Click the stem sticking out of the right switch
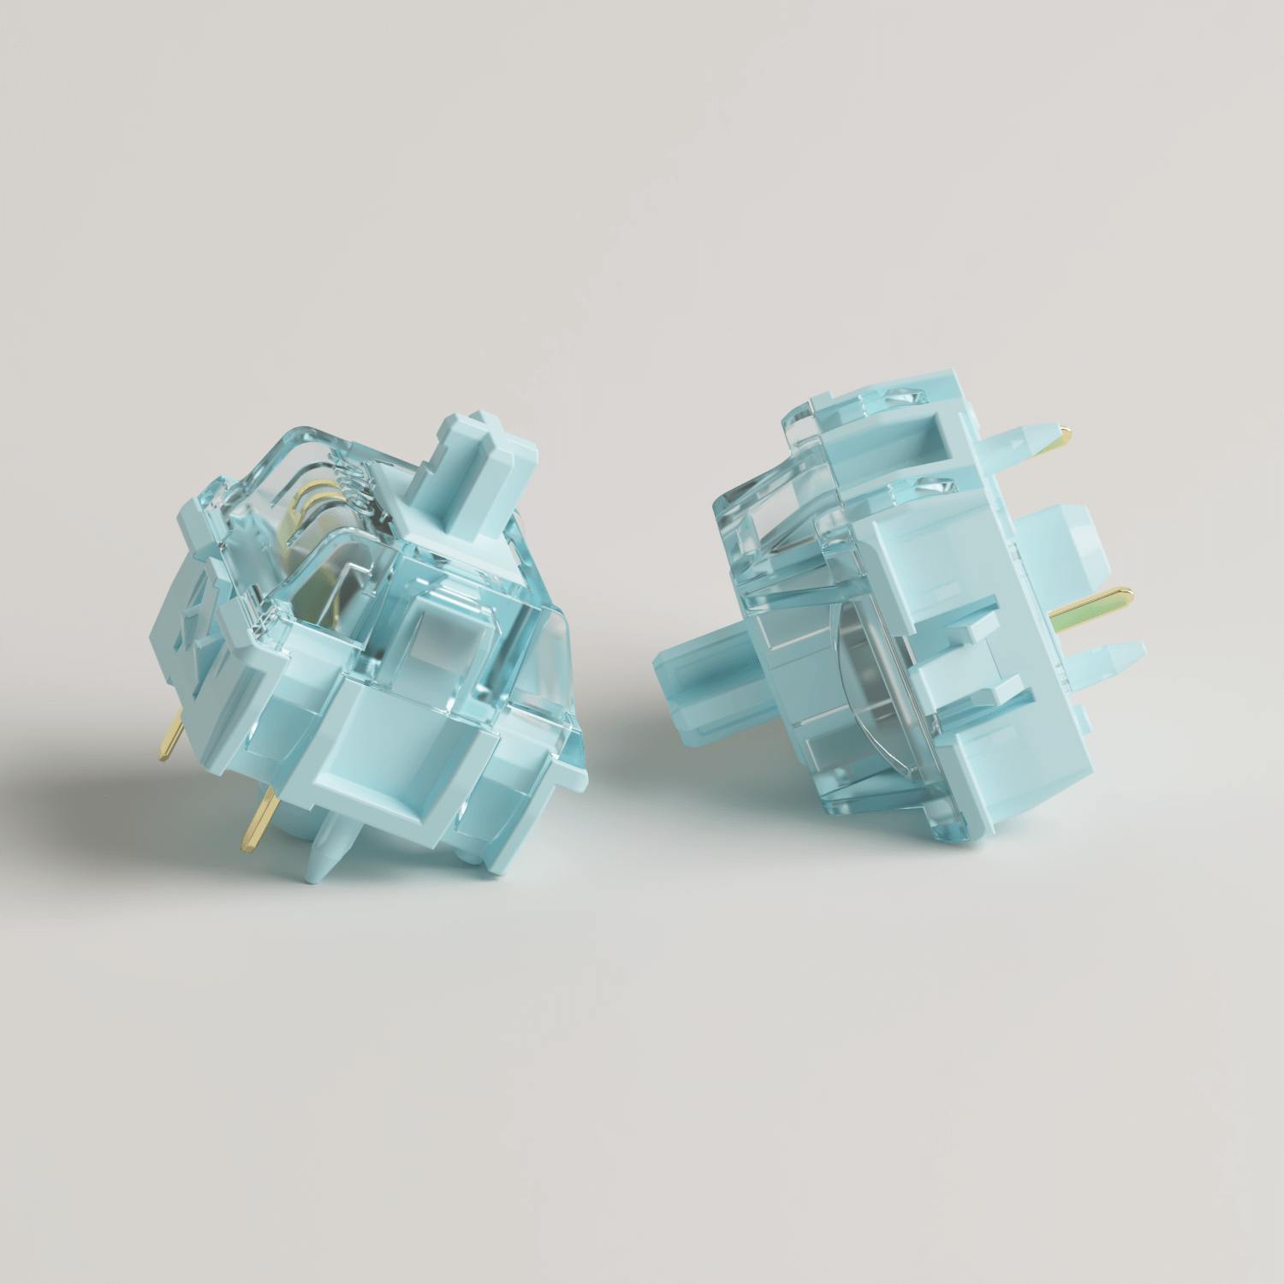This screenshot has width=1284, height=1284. pyautogui.click(x=698, y=685)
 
